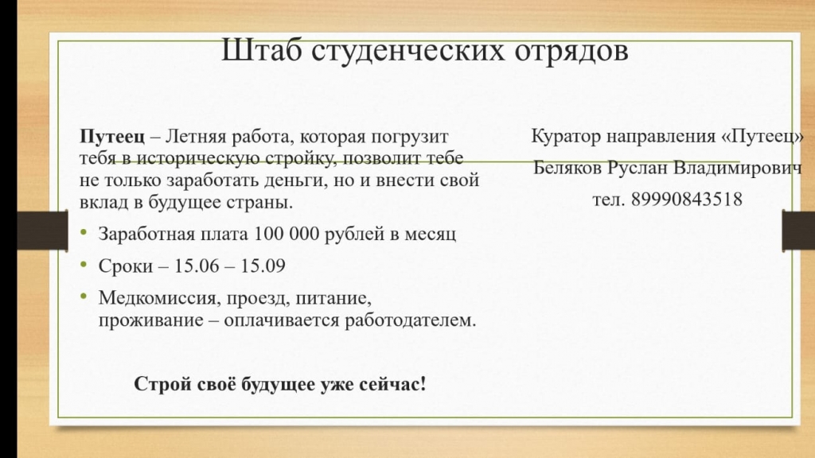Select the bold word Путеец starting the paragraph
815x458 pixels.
coord(112,137)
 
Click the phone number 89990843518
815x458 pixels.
coord(687,199)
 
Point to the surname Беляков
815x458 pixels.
coord(568,168)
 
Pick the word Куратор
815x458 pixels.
coord(566,137)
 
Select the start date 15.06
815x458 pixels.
coord(197,266)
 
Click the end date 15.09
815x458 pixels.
coord(263,266)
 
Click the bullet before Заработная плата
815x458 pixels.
coord(84,232)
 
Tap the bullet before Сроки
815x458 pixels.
coord(84,264)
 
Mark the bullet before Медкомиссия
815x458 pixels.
coord(84,297)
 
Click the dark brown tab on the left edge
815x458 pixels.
coord(42,230)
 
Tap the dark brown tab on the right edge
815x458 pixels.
coord(798,230)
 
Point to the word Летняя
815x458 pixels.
coord(196,137)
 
